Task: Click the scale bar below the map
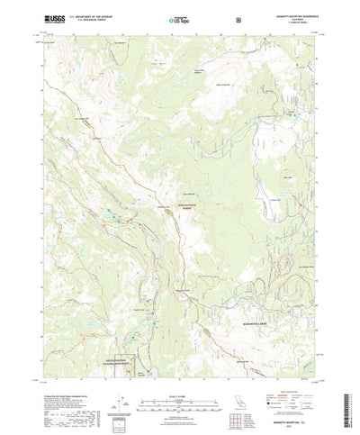pyautogui.click(x=179, y=376)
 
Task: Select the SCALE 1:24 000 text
pyautogui.click(x=179, y=367)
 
